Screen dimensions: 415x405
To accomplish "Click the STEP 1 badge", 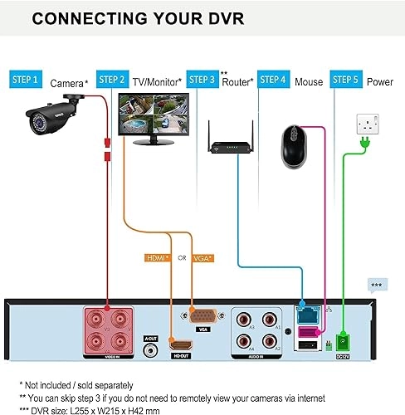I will [24, 79].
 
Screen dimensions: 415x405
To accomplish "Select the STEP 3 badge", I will [202, 79].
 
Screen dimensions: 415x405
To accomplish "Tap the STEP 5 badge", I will [345, 79].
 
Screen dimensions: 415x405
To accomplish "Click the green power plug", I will [363, 148].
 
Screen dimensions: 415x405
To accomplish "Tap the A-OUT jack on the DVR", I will [151, 349].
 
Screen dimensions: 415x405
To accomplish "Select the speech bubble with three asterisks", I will [377, 286].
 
